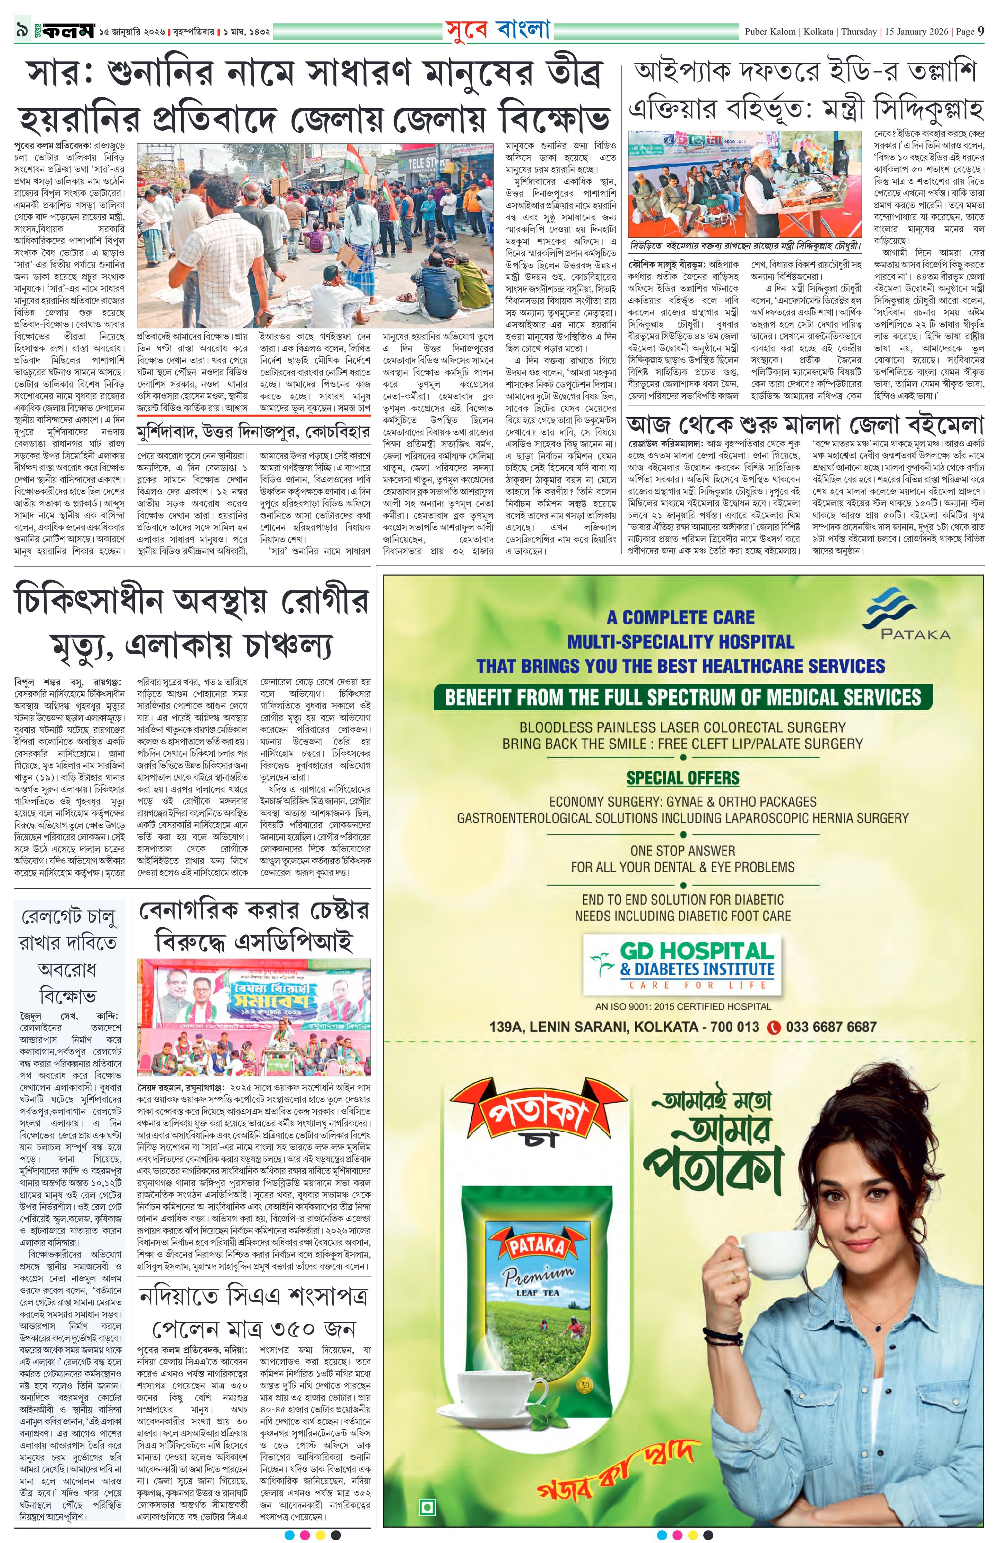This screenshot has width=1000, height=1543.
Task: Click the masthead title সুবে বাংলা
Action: click(x=497, y=30)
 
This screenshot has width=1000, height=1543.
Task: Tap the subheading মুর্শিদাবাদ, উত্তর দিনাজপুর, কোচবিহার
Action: click(x=253, y=432)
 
